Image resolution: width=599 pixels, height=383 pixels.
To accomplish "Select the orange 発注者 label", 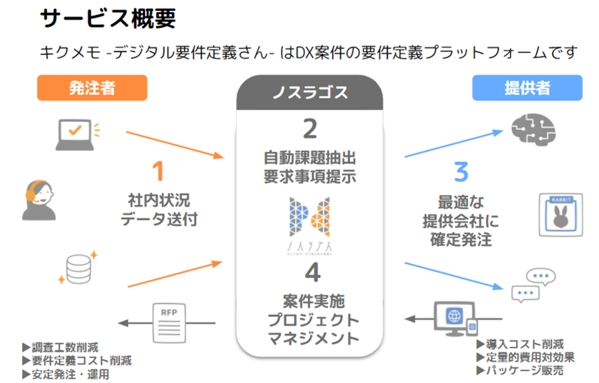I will [92, 88].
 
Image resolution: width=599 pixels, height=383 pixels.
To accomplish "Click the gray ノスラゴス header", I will [309, 92].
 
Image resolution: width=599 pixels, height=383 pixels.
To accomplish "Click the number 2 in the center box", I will [310, 130].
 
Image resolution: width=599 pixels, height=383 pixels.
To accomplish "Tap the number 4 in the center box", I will [312, 274].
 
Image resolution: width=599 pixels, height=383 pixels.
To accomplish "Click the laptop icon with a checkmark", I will [77, 133].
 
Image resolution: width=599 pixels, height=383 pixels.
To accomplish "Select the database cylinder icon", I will [77, 268].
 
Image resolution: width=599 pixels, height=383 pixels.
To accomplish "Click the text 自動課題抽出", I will [310, 156].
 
